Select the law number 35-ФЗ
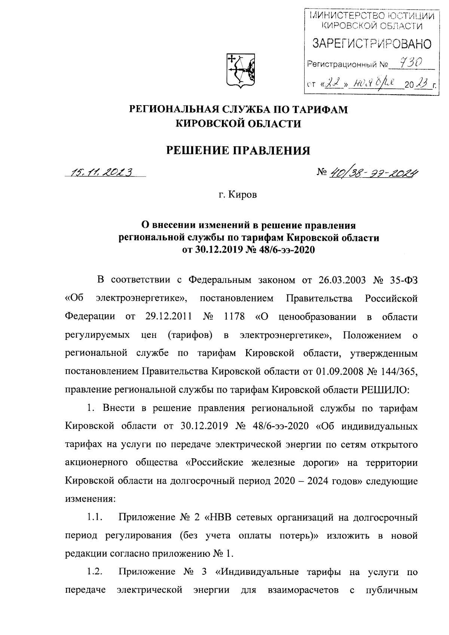click(x=402, y=280)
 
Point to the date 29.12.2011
click(x=168, y=316)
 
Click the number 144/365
click(x=397, y=371)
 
